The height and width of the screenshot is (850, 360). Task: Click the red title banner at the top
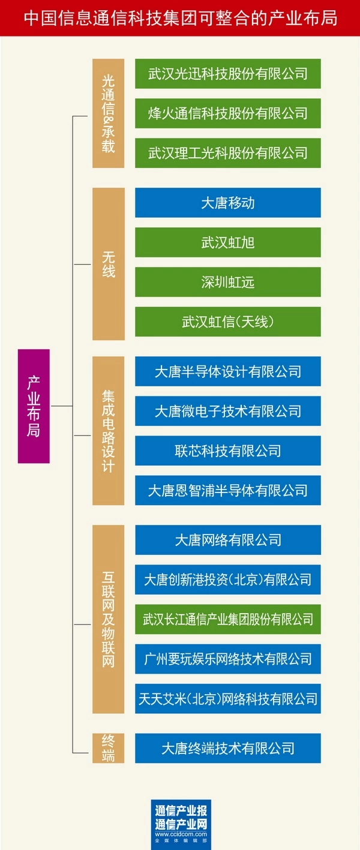pos(180,17)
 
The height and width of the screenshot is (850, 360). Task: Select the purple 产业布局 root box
pos(34,406)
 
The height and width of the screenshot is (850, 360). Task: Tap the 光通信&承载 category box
pos(108,113)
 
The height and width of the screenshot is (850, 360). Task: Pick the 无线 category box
pos(108,263)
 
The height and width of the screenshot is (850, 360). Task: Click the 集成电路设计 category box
pos(108,431)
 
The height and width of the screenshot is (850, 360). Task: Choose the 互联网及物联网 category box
pos(108,619)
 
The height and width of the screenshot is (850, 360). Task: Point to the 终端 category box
pos(108,748)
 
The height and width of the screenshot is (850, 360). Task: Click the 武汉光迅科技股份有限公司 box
pos(228,74)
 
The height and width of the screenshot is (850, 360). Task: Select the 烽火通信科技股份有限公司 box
pos(228,113)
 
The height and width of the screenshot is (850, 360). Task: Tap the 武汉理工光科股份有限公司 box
pos(228,153)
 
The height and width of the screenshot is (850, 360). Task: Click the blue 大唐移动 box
pos(228,203)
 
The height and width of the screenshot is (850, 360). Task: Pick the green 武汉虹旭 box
pos(228,242)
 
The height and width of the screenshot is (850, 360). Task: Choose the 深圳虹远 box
pos(228,282)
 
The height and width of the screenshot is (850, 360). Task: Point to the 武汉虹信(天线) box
pos(228,322)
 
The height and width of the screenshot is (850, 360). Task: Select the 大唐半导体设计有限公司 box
pos(228,371)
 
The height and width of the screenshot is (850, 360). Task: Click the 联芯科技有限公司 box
pos(228,450)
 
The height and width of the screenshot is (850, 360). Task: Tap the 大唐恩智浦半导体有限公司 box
pos(228,490)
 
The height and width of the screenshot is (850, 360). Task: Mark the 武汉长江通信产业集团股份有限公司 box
pos(228,619)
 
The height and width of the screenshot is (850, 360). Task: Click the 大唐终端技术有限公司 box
pos(228,748)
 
